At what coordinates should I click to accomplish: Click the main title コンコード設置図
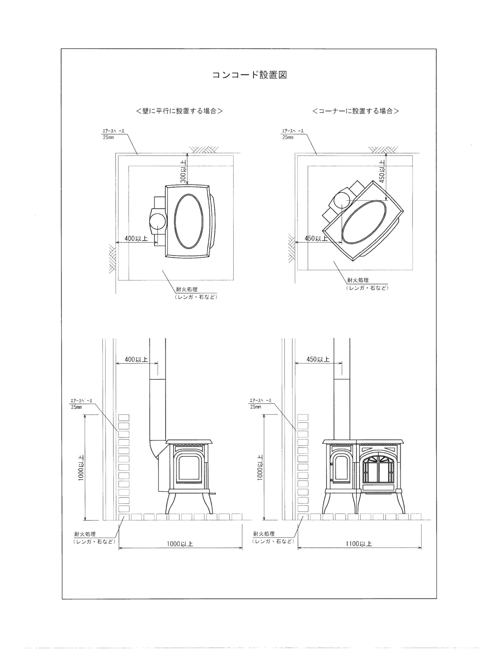tap(250, 75)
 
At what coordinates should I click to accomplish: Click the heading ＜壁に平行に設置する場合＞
tap(180, 111)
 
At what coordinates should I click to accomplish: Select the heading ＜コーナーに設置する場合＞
tap(356, 111)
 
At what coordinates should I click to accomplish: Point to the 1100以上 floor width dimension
tap(359, 544)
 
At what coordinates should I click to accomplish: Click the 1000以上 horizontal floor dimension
tap(180, 544)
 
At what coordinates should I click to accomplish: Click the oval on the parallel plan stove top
tap(189, 221)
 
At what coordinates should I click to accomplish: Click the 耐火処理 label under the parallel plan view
tap(187, 289)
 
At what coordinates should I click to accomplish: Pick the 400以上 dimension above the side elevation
tap(136, 359)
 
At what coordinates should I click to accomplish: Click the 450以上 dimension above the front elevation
tap(318, 359)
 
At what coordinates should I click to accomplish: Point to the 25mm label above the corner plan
tap(288, 137)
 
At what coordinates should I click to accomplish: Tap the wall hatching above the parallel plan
tap(204, 150)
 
